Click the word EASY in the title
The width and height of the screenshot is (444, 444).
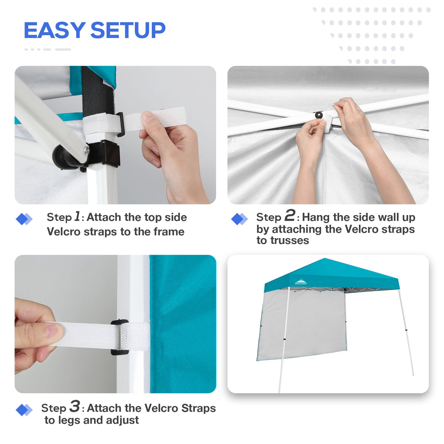coord(54,30)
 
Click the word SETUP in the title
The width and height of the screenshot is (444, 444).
coord(128,30)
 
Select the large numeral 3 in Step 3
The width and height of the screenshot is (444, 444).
coord(75,406)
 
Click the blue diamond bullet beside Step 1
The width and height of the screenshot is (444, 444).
coord(24,219)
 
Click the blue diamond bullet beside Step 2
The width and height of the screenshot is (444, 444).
coord(240,219)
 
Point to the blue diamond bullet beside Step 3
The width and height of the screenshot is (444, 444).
coord(24,410)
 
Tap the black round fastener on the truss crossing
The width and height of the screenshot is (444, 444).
coord(319,115)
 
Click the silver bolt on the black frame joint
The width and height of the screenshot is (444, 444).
coord(86,150)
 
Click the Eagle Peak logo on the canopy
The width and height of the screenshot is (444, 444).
coord(301,282)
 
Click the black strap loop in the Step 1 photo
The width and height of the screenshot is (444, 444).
coord(120,124)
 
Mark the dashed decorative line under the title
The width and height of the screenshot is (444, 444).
coord(48,49)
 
